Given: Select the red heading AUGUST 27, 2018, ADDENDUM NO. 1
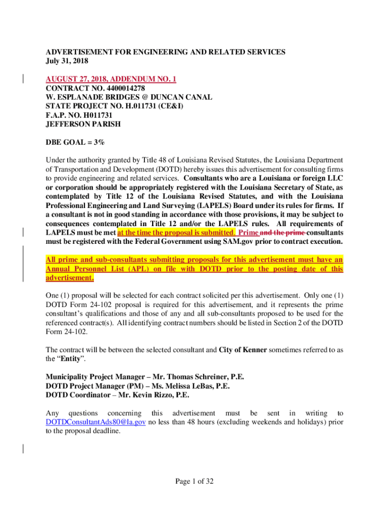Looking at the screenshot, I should coord(111,79).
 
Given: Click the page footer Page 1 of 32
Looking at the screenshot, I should coord(194,481).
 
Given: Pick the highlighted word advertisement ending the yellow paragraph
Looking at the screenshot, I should coord(70,278).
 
